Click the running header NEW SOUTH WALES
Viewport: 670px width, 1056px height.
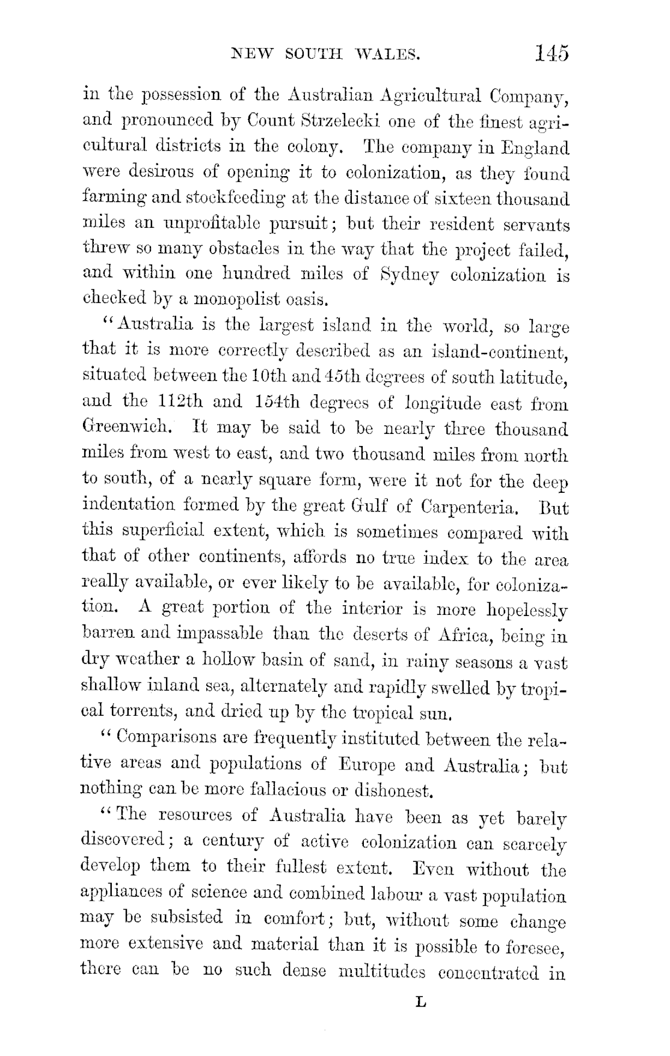coord(325,55)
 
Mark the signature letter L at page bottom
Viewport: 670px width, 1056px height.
coord(420,1002)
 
